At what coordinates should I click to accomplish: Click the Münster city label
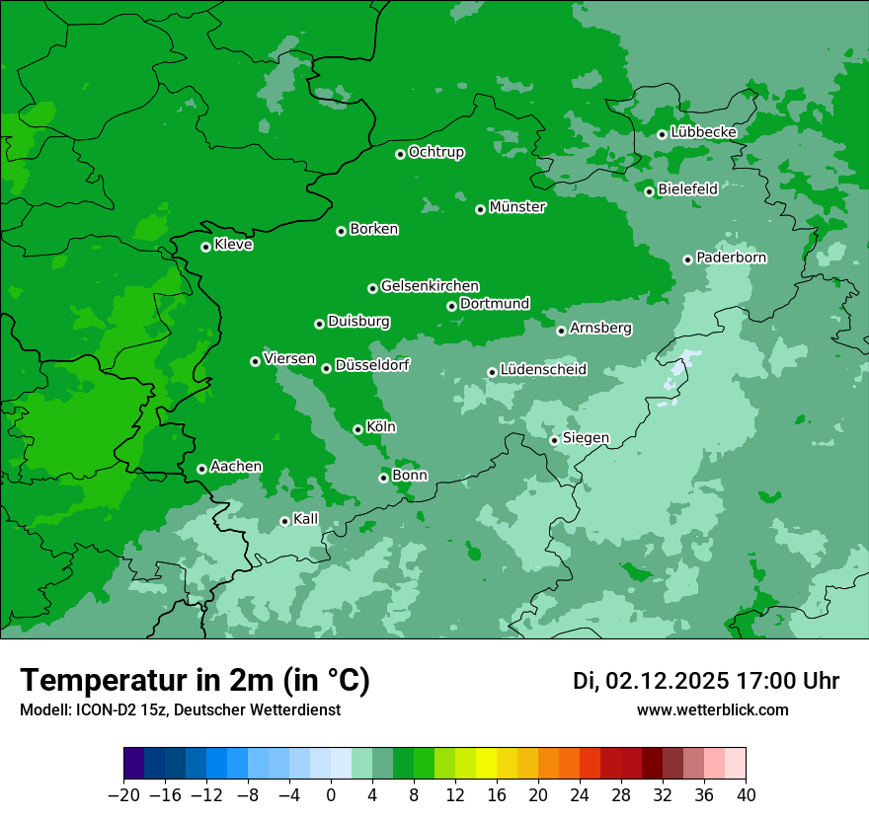tap(517, 207)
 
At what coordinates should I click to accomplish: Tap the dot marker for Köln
tap(357, 429)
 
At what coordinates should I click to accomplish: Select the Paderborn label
tap(732, 258)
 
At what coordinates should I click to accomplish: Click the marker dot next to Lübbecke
tap(662, 134)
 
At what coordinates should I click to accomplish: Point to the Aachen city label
tap(236, 467)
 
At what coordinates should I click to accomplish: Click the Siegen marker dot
tap(554, 440)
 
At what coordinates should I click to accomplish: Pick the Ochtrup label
tap(436, 152)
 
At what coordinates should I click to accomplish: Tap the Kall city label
tap(306, 519)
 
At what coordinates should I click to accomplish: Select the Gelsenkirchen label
tap(430, 286)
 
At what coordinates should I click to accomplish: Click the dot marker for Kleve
tap(205, 247)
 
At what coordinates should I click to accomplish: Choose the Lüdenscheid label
tap(543, 370)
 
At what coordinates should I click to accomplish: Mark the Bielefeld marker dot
tap(649, 191)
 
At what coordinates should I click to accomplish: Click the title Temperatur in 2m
tap(195, 680)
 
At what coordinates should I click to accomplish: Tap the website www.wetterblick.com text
tap(713, 709)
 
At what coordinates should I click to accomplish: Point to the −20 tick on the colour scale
tap(123, 795)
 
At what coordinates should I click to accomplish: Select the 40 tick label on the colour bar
tap(746, 795)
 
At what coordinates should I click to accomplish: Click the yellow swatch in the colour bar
tap(486, 764)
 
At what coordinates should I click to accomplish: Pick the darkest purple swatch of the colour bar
tap(134, 764)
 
